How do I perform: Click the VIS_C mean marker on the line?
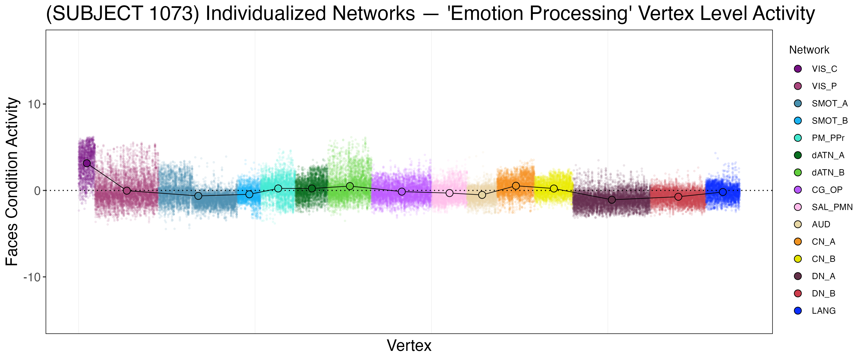87,163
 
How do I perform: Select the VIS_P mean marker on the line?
127,191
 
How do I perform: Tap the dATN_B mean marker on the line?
350,186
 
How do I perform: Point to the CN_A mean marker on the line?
516,186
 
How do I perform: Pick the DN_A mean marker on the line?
612,200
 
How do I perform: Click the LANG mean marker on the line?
723,192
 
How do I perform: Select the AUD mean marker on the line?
482,195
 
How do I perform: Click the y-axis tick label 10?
34,104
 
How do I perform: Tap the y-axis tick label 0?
37,191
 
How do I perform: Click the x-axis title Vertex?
409,346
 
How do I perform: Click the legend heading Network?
809,50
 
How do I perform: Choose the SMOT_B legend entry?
829,121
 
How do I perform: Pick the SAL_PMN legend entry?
832,207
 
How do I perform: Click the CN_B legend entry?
823,259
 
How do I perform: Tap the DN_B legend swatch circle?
798,294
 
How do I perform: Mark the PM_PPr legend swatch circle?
798,138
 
